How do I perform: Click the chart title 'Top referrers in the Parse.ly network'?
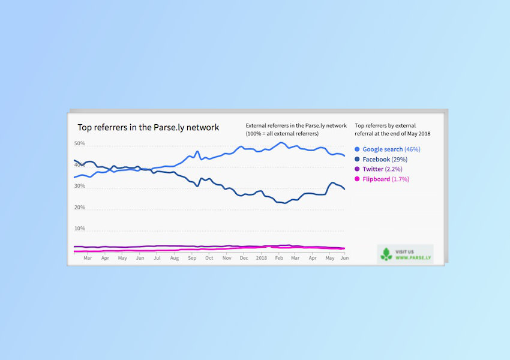[148, 127]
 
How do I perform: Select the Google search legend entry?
[388, 149]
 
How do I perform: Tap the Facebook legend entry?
[381, 160]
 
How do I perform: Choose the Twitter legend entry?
[378, 169]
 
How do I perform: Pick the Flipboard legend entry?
[382, 179]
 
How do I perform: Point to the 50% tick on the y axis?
[80, 143]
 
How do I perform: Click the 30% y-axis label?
[80, 186]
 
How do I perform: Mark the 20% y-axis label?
[80, 208]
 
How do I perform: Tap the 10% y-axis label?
[80, 229]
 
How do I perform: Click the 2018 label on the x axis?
[262, 258]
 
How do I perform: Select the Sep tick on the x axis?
[192, 258]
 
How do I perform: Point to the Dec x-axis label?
[244, 258]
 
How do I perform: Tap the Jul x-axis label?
[157, 258]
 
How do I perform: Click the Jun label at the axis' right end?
[345, 258]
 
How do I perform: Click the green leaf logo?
[386, 254]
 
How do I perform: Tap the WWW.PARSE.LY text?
[413, 258]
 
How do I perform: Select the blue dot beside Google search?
[357, 149]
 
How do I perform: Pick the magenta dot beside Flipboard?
[357, 179]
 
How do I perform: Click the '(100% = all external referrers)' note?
[282, 134]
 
